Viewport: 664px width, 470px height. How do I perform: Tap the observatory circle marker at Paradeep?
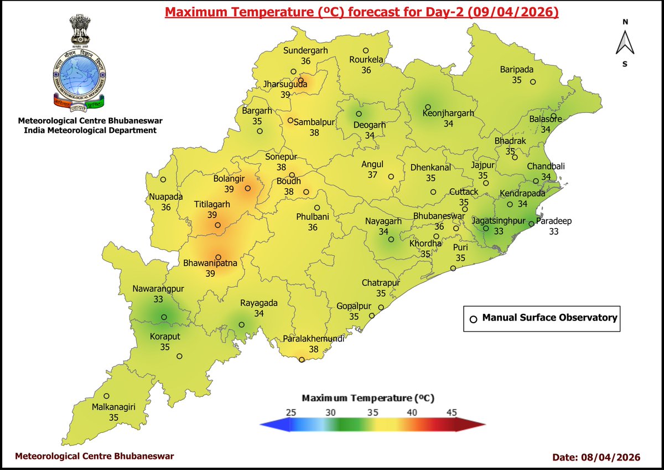click(x=531, y=224)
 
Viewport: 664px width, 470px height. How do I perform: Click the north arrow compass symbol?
click(x=624, y=43)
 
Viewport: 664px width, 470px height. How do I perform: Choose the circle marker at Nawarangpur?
click(x=164, y=317)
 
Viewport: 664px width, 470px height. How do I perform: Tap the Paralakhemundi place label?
click(x=314, y=339)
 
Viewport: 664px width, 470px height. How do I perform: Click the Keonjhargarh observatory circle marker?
click(x=428, y=107)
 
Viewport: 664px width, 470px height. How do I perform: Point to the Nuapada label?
click(x=165, y=197)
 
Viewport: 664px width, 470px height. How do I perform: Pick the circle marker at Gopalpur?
click(x=372, y=316)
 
